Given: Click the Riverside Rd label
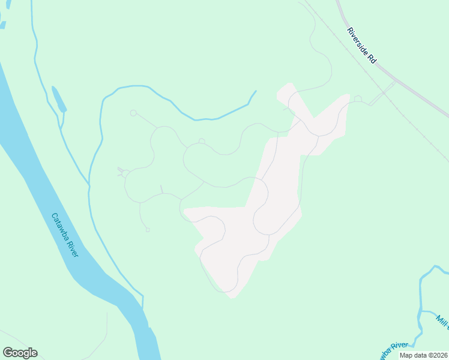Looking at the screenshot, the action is point(361,46).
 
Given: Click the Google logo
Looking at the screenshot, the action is point(20,353).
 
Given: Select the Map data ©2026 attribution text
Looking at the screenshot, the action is point(424,355).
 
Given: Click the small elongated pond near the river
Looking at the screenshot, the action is point(58,99).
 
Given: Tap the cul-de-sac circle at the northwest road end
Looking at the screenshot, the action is point(133,113).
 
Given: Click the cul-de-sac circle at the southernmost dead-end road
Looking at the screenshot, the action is point(148,229).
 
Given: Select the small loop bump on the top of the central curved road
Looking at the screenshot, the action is point(202,142).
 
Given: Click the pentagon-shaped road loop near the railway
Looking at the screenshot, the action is point(358,98).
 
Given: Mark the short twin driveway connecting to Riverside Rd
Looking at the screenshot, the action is point(382,94).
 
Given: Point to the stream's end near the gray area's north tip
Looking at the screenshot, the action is point(256,92).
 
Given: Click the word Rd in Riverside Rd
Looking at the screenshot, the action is point(372,59).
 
